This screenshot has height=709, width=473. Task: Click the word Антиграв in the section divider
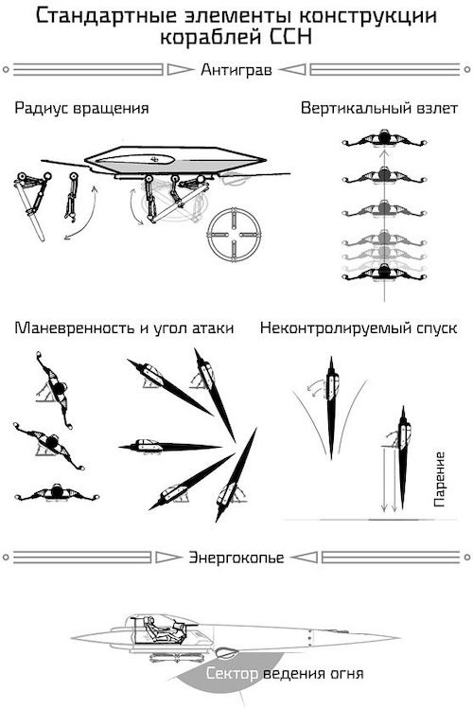click(236, 70)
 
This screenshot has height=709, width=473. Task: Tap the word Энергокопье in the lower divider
click(236, 557)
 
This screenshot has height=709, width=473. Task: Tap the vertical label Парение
click(439, 480)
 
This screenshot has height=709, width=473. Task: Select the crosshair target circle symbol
click(233, 232)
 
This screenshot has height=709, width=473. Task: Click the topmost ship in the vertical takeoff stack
click(383, 141)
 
